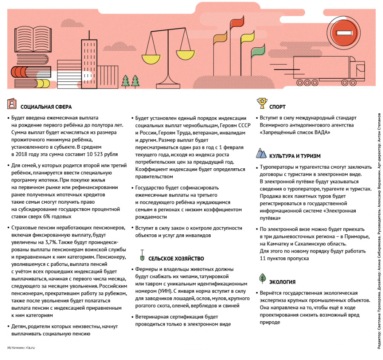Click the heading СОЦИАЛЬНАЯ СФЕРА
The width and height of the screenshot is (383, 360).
point(46,107)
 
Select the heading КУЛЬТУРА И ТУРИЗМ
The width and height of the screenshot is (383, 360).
point(295,156)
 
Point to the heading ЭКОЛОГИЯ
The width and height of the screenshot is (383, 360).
point(282,282)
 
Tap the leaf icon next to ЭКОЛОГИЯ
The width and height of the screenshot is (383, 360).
point(262,279)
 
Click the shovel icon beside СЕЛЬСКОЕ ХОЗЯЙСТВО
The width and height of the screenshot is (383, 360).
point(141,257)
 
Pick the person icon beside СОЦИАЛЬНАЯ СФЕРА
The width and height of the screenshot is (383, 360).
point(12,104)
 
